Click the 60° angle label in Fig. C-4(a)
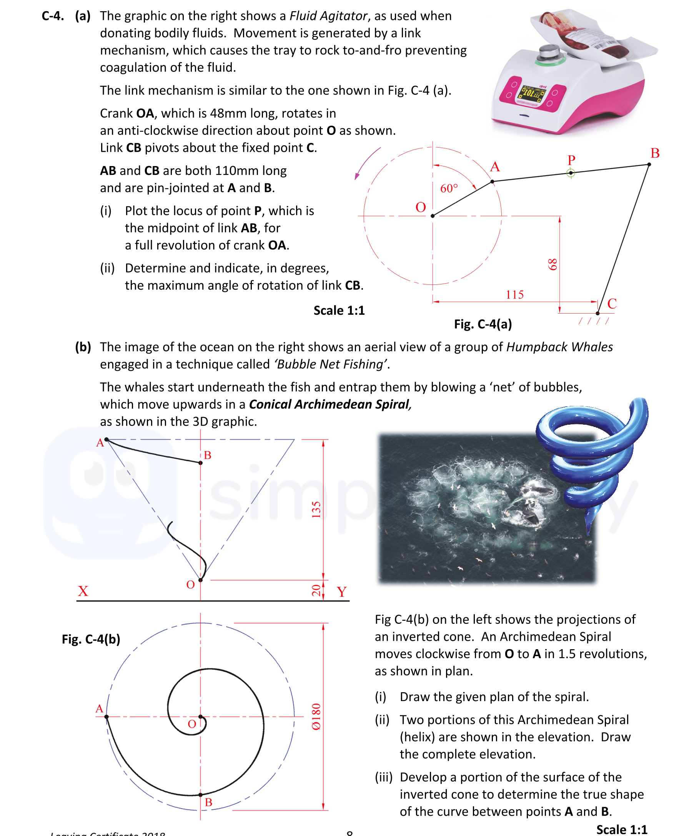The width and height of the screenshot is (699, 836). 449,188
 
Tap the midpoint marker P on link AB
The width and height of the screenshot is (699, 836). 570,173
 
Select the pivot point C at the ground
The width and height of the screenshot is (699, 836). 597,313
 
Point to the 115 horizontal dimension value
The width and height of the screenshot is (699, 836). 514,294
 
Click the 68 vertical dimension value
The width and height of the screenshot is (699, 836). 553,264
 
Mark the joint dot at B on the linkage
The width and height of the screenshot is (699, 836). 649,165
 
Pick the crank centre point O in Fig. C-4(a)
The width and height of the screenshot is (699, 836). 433,216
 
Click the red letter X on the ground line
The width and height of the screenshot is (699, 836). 83,591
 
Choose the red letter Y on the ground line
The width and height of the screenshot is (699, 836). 342,592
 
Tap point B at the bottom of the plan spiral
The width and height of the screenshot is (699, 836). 200,795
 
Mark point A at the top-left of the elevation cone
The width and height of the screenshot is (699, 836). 107,439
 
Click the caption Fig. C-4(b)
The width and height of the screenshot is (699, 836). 91,639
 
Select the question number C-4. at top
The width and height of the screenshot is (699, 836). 53,16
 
